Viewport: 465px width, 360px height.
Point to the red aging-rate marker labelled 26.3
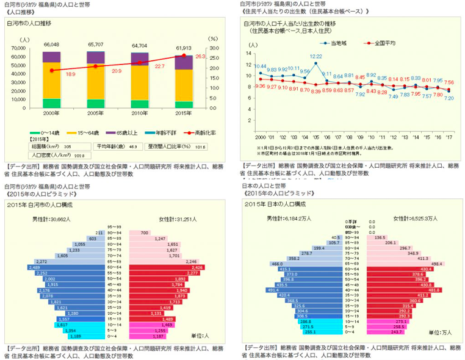tap(183, 56)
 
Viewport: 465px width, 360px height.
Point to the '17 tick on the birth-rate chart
tap(449, 137)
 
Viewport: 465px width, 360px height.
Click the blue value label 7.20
tap(449, 98)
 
